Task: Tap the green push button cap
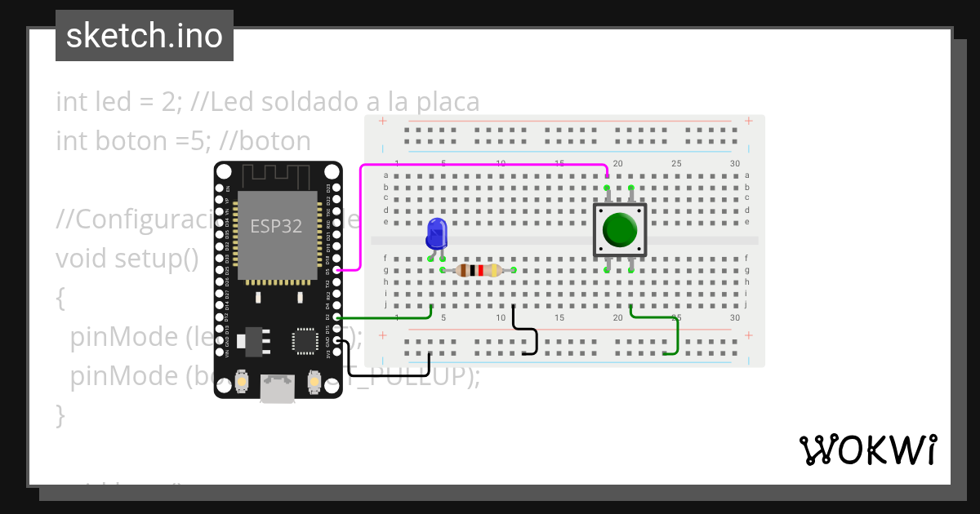tap(620, 230)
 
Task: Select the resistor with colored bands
tap(478, 270)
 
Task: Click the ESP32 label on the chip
tap(276, 227)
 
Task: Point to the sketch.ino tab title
tap(145, 36)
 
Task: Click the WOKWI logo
tap(867, 450)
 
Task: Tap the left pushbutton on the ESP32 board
tap(243, 380)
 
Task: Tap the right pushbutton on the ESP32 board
tap(314, 380)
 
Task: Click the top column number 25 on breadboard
tap(676, 163)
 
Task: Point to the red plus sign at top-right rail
tap(748, 121)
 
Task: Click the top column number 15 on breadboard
tap(559, 163)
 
